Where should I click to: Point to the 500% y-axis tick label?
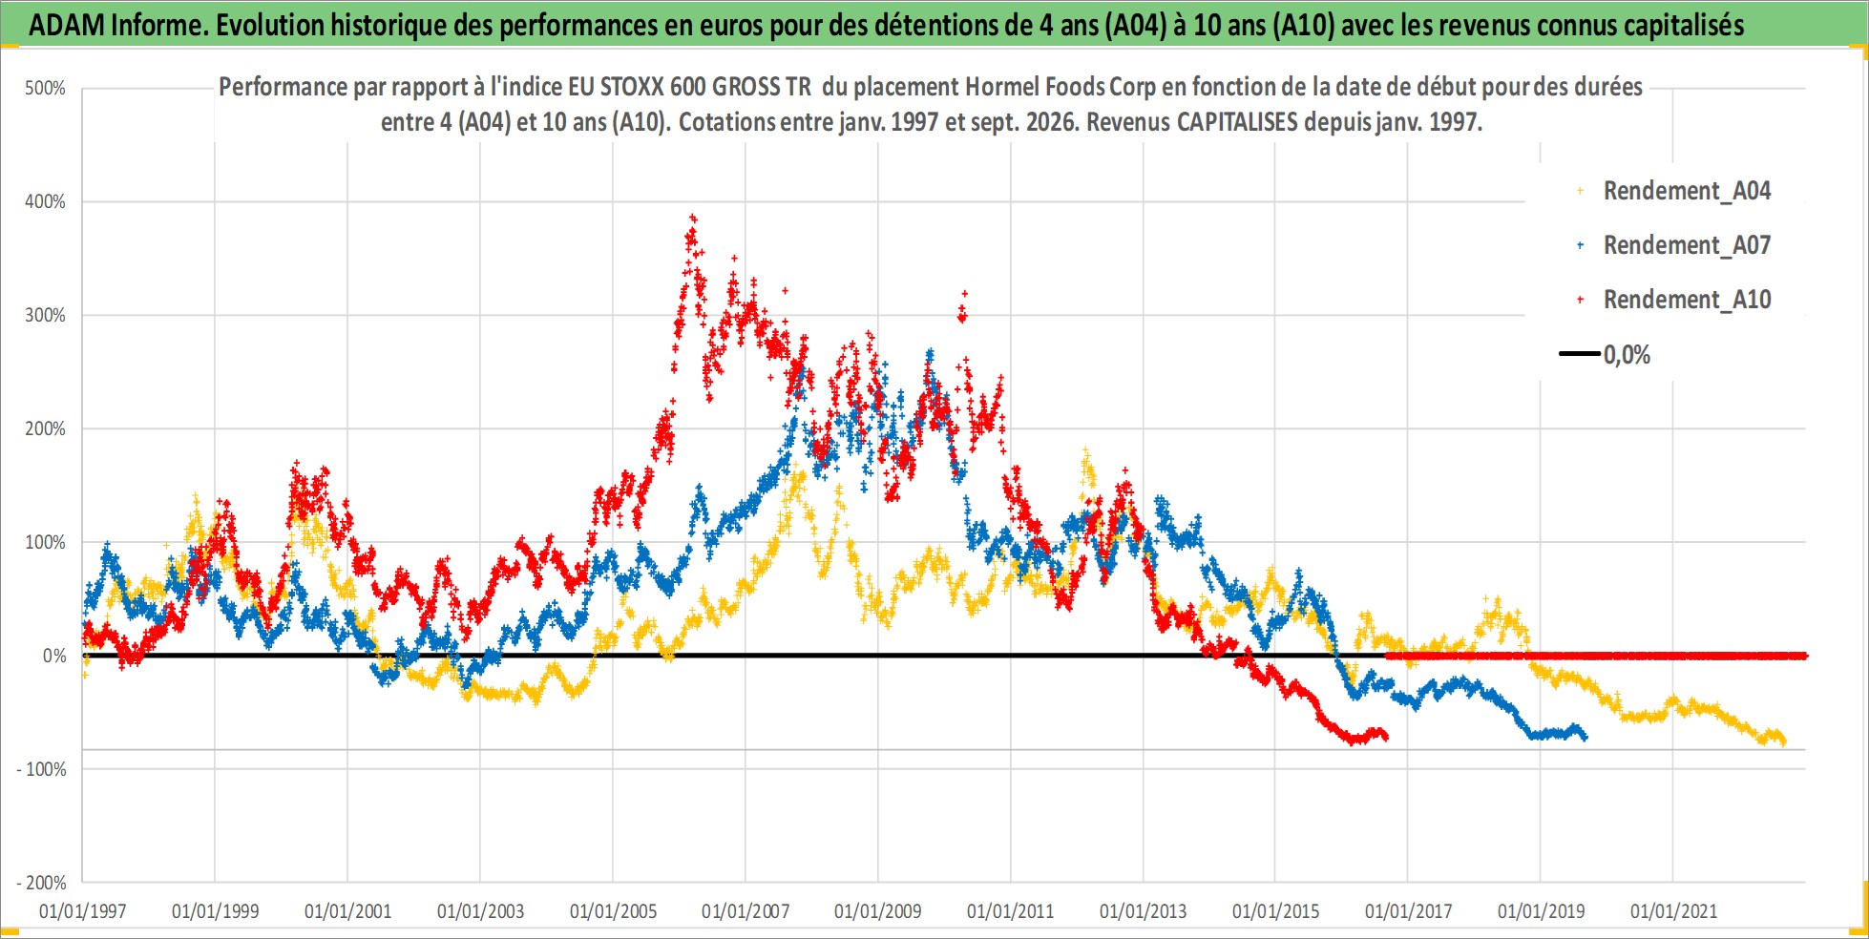45,89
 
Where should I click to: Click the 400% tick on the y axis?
45,201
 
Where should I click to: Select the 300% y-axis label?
45,315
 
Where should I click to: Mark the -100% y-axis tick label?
41,769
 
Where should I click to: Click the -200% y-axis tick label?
41,883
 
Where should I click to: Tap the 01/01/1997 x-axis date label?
83,911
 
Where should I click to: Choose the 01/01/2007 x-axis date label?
745,911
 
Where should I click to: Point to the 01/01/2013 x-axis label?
1143,911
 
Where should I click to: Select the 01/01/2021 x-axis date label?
1673,911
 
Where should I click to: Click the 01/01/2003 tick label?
480,911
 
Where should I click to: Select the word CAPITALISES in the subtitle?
1237,122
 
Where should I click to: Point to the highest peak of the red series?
693,218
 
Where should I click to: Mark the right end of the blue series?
1585,737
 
